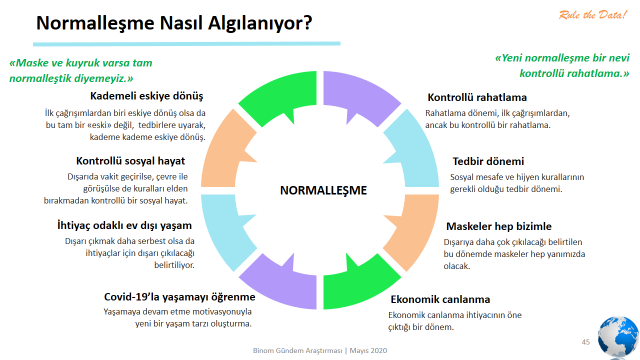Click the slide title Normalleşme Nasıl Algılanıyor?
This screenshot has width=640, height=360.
click(174, 23)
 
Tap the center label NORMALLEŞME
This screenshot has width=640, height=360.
click(323, 190)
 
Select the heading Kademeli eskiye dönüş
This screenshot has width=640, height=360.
click(147, 96)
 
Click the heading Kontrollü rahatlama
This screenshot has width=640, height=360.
click(477, 97)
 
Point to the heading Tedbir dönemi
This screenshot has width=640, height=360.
click(488, 161)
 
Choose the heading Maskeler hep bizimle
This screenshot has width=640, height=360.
click(499, 226)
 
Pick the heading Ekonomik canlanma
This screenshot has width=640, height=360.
click(440, 299)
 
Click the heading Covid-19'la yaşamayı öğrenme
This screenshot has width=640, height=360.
click(180, 297)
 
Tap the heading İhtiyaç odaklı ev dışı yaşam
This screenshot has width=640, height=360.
click(124, 225)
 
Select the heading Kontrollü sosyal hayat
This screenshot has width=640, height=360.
click(131, 161)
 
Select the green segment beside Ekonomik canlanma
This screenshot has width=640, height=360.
click(359, 284)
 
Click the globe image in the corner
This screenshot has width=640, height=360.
click(619, 338)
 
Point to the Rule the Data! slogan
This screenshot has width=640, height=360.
click(592, 16)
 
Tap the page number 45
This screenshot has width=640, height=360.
click(586, 342)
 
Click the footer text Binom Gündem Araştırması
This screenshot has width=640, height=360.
click(297, 351)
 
